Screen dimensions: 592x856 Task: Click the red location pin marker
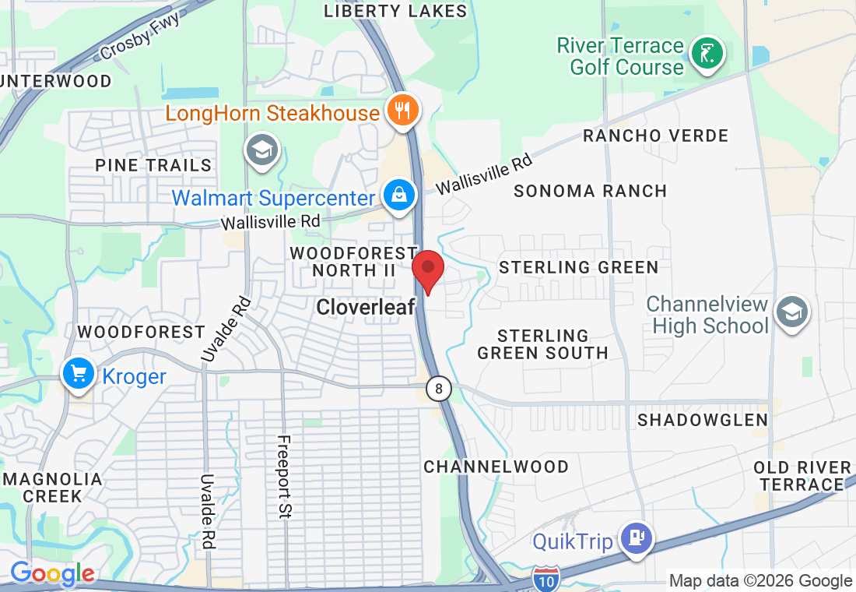[x=428, y=271]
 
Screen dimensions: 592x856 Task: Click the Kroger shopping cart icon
[x=78, y=375]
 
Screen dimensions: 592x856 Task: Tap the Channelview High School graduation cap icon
[x=791, y=313]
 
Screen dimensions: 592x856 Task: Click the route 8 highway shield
[x=440, y=389]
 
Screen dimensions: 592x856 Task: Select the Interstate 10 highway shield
[x=546, y=578]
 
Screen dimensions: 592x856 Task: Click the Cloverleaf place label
[x=365, y=308]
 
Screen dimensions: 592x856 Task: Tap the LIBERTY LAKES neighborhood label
[x=395, y=11]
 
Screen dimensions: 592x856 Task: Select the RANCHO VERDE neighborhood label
[x=655, y=136]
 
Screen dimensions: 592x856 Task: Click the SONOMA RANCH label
[x=591, y=191]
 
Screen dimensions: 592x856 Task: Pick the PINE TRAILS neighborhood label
[x=153, y=165]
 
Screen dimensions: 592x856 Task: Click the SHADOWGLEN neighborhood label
[x=703, y=420]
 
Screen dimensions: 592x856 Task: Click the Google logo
[x=52, y=575]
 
